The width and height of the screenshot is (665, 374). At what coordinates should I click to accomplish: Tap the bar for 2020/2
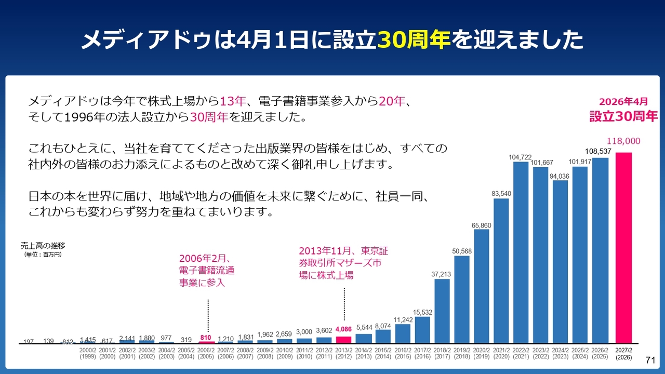pos(482,286)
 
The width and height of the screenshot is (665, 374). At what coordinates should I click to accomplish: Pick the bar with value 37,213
pos(442,311)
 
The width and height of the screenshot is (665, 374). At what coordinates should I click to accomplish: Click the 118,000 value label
pos(623,141)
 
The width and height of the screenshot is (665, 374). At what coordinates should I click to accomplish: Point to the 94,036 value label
pos(561,176)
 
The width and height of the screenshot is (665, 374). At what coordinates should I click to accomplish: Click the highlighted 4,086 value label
pos(344,329)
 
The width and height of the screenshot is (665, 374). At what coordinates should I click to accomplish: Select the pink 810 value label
pos(206,337)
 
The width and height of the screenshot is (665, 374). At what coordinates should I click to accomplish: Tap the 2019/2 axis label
pos(462,354)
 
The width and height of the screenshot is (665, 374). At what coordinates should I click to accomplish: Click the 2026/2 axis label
pos(601,354)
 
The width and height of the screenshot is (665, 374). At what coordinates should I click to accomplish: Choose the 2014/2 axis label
pos(364,354)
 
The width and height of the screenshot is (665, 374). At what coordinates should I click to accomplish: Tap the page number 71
pos(650,360)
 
